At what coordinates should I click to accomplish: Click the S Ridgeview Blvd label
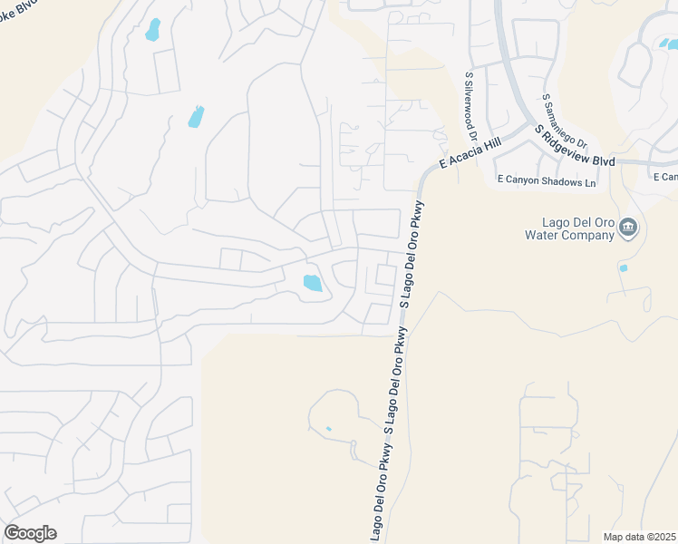[x=575, y=146]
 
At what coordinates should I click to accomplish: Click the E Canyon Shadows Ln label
[x=547, y=181]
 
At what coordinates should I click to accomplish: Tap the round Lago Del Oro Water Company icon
[x=629, y=228]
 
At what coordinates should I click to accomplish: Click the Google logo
[x=30, y=533]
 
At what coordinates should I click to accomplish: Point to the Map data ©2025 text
[x=639, y=537]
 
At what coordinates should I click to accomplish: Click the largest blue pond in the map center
[x=313, y=283]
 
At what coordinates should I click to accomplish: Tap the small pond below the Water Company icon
[x=622, y=268]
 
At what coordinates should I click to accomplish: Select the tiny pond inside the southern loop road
[x=328, y=429]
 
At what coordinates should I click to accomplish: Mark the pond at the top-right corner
[x=668, y=43]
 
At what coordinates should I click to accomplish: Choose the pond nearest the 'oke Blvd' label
[x=152, y=30]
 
